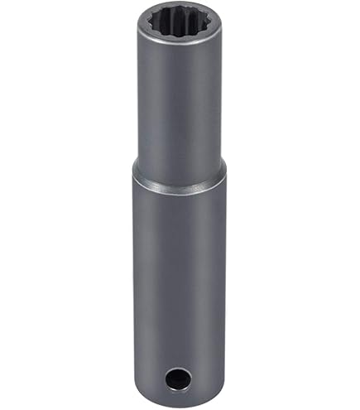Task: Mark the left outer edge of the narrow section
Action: pos(139,99)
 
